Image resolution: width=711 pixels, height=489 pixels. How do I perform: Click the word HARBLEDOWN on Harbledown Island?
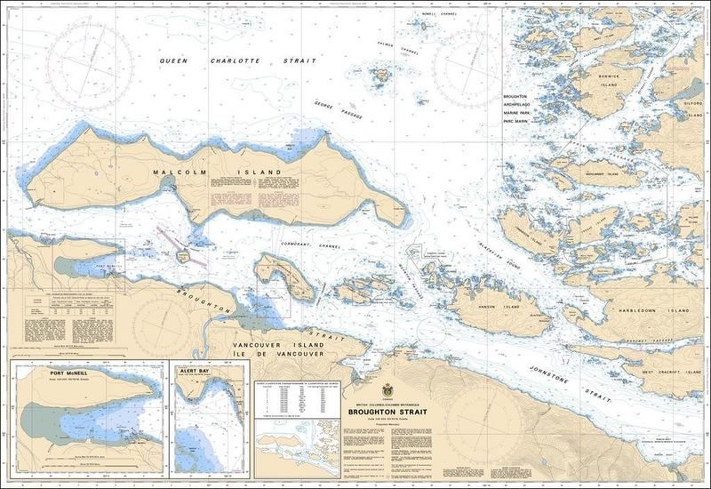[640, 310]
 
